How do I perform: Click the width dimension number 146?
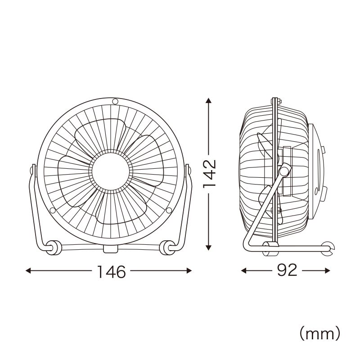pyautogui.click(x=112, y=272)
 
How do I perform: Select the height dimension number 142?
pyautogui.click(x=210, y=174)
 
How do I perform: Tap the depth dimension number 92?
pyautogui.click(x=287, y=270)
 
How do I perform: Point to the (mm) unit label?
pyautogui.click(x=319, y=334)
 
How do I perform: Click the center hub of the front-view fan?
pyautogui.click(x=111, y=171)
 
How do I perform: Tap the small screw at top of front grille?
pyautogui.click(x=115, y=101)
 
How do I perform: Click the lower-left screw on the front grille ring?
pyautogui.click(x=53, y=210)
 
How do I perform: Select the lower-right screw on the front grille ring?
pyautogui.click(x=169, y=210)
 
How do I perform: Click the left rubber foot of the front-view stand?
pyautogui.click(x=54, y=247)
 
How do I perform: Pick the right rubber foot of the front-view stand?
pyautogui.click(x=167, y=247)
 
